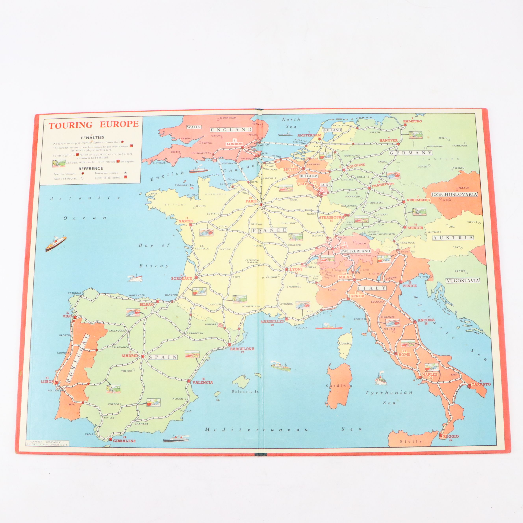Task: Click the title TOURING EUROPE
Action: coord(93,124)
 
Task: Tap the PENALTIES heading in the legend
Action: coord(92,137)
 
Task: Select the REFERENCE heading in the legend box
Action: coord(91,168)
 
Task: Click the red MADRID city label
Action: coord(130,356)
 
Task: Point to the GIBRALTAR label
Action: coord(124,441)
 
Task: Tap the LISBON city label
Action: coord(47,382)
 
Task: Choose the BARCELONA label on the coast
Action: coord(242,349)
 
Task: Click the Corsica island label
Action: coord(345,343)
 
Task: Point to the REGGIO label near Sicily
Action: coord(451,436)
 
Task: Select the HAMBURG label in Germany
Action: coord(412,121)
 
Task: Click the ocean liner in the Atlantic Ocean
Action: coord(56,243)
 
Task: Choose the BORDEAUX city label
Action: coord(181,278)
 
